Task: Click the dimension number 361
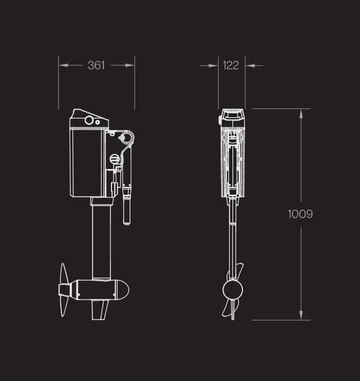(x=96, y=65)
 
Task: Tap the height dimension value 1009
(x=301, y=214)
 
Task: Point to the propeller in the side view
(x=63, y=290)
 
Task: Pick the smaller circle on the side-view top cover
(x=98, y=121)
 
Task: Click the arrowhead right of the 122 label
(x=250, y=65)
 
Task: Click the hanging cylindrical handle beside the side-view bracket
(x=127, y=206)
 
